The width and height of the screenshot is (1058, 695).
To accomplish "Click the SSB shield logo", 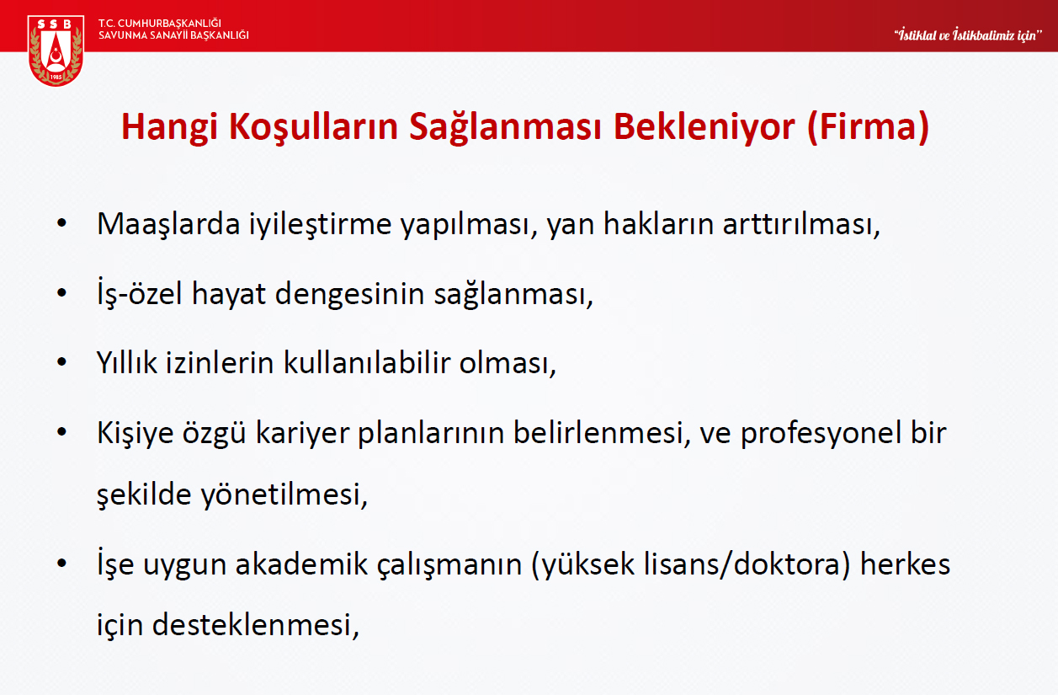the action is tap(56, 51).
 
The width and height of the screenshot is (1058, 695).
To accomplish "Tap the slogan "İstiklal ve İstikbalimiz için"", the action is tap(968, 35).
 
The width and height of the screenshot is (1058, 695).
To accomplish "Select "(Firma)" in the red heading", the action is tap(868, 127).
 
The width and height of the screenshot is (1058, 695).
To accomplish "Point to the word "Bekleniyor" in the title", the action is tap(704, 127).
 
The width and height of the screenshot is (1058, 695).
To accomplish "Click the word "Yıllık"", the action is tap(126, 362).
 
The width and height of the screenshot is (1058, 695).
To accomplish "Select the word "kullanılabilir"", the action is tap(366, 362).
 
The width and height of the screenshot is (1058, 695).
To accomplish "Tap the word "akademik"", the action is tap(301, 564).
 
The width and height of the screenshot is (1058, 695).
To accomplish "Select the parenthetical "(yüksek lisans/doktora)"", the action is tap(690, 565).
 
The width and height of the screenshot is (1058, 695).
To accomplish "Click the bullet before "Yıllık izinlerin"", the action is tap(62, 362).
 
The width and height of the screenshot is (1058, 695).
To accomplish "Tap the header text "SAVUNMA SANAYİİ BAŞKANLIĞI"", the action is tap(173, 35).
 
